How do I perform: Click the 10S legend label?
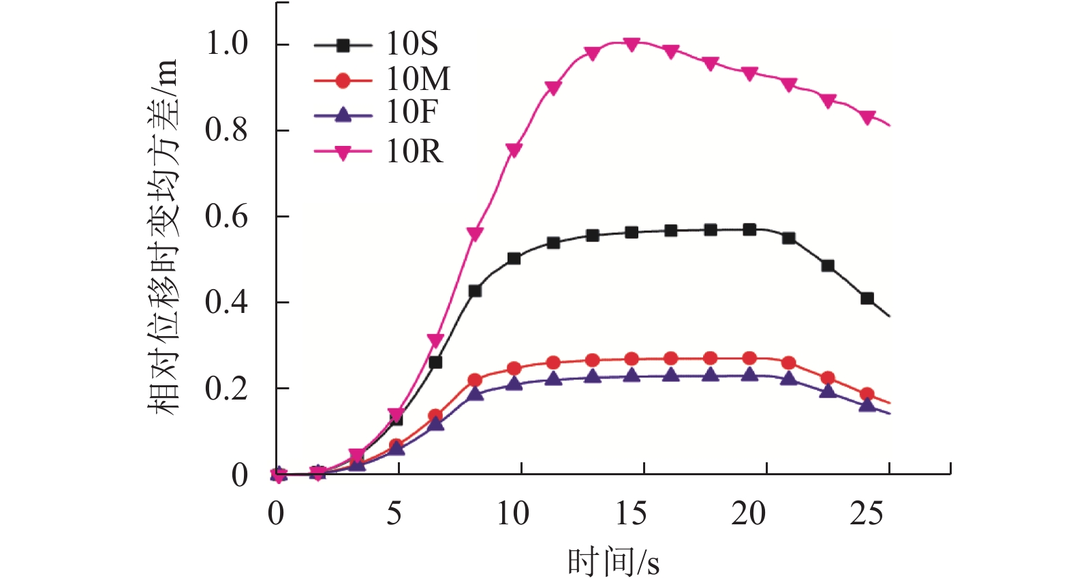pos(411,44)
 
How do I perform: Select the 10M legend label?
pos(418,80)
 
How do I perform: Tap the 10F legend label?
pos(411,113)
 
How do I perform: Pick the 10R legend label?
pos(414,151)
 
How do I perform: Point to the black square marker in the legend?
pos(343,46)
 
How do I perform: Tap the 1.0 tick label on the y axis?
pos(227,44)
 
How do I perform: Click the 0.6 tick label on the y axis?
pos(227,217)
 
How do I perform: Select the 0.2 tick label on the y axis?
pos(227,389)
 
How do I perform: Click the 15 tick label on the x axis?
pos(631,513)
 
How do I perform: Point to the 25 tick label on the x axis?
pos(867,513)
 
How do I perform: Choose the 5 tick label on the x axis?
pos(394,513)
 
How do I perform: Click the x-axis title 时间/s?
pos(613,563)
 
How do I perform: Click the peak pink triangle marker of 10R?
pos(632,44)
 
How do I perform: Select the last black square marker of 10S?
pos(867,299)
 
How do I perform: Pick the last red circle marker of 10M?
pos(867,394)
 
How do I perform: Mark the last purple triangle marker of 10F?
pos(867,404)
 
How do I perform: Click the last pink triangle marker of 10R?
pos(867,117)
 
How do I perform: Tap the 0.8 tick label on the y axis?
pos(227,130)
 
